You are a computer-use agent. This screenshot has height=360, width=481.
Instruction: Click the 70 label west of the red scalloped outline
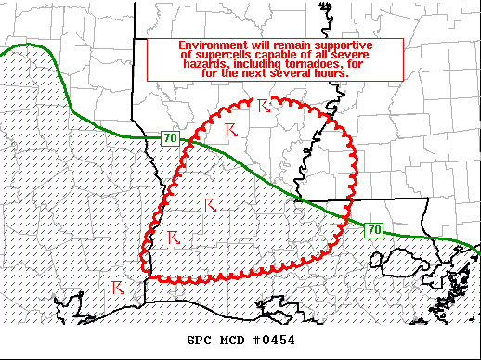(170, 138)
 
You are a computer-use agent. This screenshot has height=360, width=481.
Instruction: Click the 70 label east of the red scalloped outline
(371, 229)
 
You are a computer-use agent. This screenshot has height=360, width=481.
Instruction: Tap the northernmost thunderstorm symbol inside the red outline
(264, 106)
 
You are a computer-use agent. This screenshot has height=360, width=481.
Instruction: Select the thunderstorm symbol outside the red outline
(118, 288)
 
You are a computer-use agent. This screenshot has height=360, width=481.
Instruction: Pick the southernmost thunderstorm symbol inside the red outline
(172, 238)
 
